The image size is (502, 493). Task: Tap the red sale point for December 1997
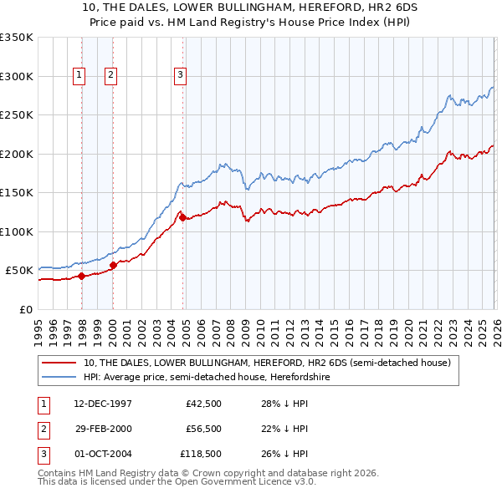pos(81,276)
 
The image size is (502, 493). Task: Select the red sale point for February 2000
pos(114,266)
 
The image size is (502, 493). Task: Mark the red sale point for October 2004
pos(182,218)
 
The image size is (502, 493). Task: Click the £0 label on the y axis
pos(26,309)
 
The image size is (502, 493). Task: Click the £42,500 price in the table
pos(203,404)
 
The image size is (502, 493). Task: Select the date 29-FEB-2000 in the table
pos(104,429)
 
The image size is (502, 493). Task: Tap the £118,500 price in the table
pos(201,454)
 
